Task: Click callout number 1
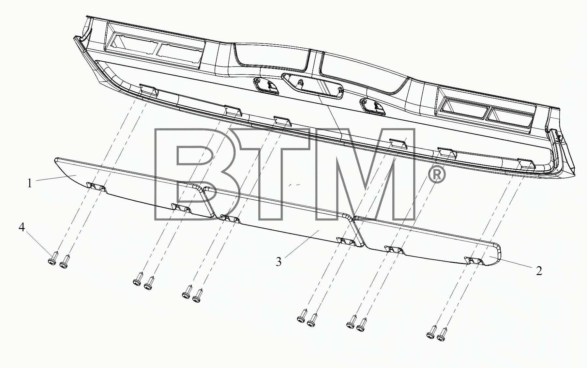point(30,183)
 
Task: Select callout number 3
point(278,262)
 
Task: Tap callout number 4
point(22,227)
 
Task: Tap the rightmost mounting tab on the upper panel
point(526,163)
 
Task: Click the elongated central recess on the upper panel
point(313,85)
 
